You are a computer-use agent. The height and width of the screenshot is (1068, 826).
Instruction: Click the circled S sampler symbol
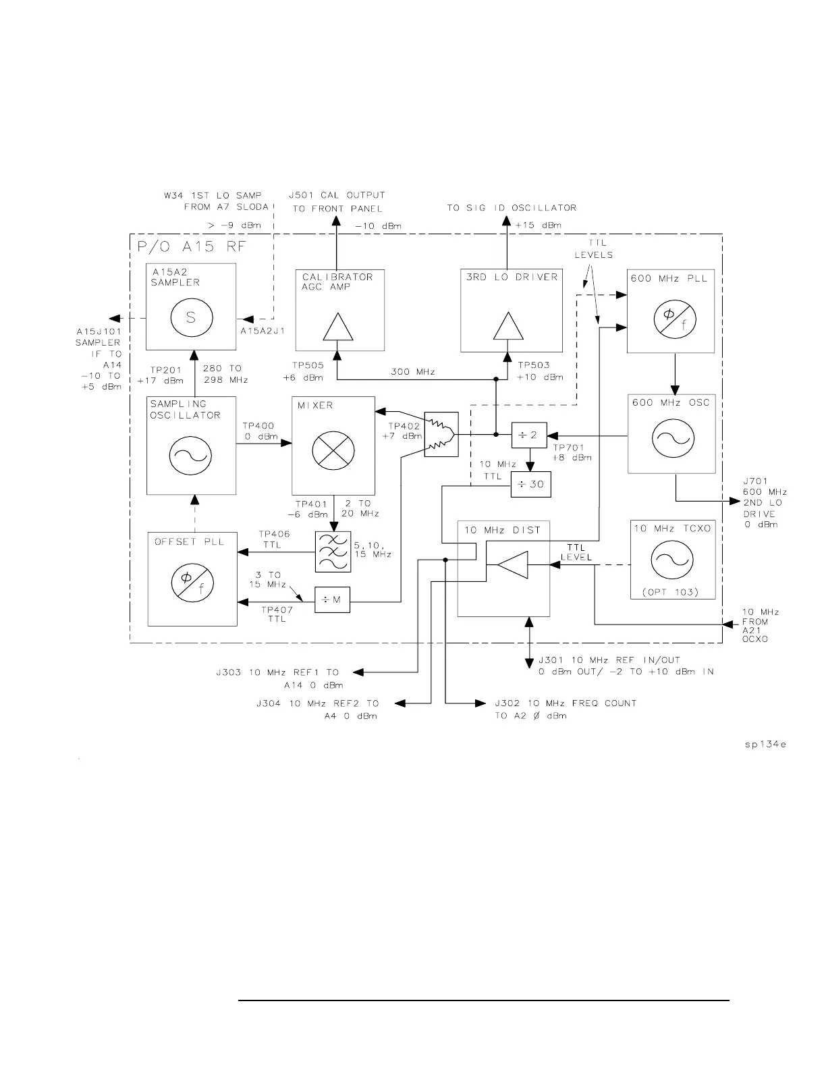click(x=191, y=317)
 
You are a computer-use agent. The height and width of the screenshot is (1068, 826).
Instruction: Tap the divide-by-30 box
click(x=530, y=484)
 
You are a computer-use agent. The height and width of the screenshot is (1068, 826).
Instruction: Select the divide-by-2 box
click(x=529, y=435)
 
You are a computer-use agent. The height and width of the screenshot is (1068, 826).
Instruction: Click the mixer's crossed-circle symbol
click(x=333, y=447)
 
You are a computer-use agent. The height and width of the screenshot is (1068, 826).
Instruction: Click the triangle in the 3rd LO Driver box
click(x=507, y=328)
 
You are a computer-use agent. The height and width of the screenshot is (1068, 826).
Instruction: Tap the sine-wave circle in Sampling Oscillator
click(x=192, y=456)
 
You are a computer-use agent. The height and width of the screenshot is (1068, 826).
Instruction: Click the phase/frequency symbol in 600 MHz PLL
click(x=671, y=318)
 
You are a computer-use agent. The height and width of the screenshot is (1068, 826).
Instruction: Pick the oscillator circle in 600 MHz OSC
click(x=671, y=439)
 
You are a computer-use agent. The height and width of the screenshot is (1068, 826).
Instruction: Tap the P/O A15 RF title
click(x=192, y=247)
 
